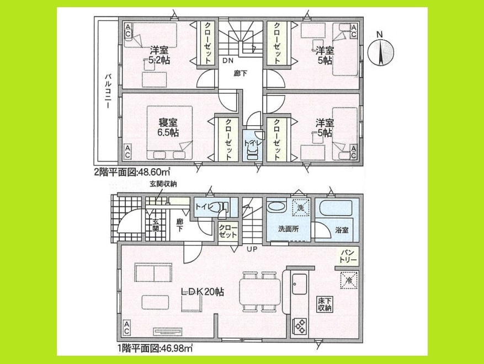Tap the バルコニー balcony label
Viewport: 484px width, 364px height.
[109, 91]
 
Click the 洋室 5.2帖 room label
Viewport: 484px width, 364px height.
[158, 55]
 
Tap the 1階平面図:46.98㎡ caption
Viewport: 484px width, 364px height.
[153, 347]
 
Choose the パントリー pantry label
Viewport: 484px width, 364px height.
[349, 255]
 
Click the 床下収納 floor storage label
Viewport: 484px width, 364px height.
[324, 304]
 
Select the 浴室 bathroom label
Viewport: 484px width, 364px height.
[342, 230]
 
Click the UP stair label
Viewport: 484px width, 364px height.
[252, 249]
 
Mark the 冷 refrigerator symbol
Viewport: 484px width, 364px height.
[349, 280]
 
